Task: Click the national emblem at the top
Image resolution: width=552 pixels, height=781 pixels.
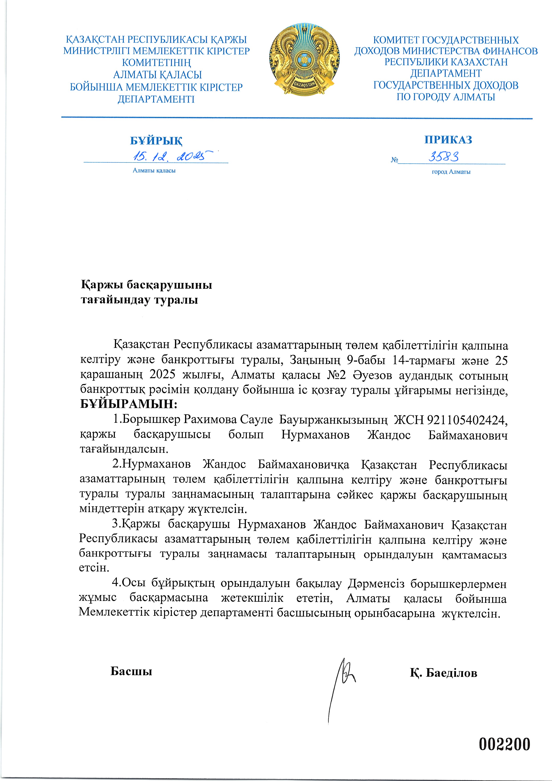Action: click(x=304, y=60)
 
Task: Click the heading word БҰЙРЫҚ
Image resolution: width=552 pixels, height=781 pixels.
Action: click(x=156, y=140)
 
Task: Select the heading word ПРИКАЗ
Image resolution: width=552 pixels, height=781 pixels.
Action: click(x=448, y=139)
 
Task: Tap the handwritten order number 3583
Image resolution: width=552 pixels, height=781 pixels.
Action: click(x=444, y=157)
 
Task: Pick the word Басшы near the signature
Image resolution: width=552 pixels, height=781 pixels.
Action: click(x=131, y=671)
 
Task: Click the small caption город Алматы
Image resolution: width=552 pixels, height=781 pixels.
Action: click(x=451, y=172)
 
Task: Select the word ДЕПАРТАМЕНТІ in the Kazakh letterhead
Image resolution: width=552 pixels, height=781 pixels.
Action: click(x=156, y=99)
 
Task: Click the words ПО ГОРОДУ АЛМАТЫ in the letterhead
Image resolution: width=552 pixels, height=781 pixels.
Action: click(x=446, y=97)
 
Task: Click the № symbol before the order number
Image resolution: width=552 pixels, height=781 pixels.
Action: click(x=394, y=160)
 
